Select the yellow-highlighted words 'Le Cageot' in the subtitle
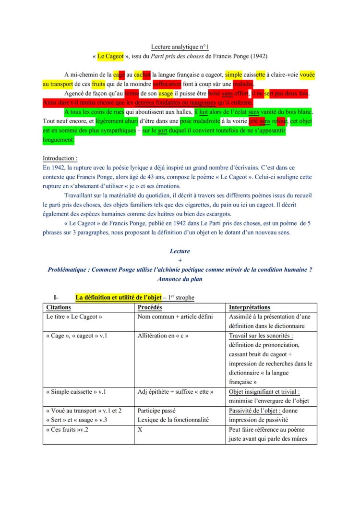point(110,56)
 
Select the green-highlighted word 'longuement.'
point(59,140)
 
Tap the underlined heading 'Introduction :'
point(60,158)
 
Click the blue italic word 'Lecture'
point(180,251)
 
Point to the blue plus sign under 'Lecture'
point(180,260)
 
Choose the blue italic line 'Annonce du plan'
point(180,279)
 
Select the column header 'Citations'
point(59,307)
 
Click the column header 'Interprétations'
point(250,307)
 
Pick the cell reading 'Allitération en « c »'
point(163,336)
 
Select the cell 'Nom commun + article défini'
point(175,317)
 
